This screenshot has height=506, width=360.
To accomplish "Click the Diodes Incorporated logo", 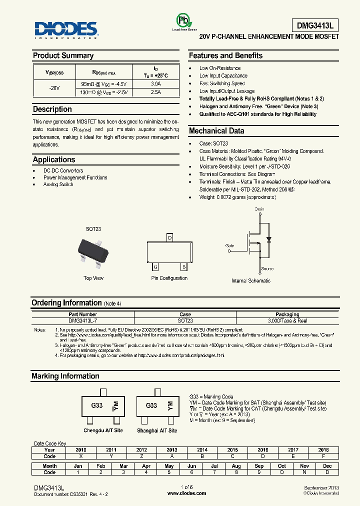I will point(66,29).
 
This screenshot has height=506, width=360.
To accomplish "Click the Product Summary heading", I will point(63,55).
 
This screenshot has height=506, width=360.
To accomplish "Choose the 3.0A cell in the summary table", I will point(156,84).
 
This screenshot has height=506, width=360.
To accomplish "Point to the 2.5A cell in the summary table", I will point(156,92).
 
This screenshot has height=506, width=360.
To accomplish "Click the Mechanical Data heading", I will point(216,131).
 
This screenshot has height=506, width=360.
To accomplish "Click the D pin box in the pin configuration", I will point(169,237).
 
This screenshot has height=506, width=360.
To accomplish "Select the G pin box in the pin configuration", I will point(155,266).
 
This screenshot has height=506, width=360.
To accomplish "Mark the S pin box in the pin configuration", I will point(183,266).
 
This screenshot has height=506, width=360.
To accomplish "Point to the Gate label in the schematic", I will point(229,245).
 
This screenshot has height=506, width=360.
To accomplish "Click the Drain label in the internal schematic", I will point(259,209).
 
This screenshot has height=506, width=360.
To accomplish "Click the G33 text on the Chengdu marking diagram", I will point(97,405).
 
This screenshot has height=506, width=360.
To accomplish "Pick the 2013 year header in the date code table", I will point(172,449).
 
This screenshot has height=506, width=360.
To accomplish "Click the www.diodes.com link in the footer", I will point(186,493).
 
